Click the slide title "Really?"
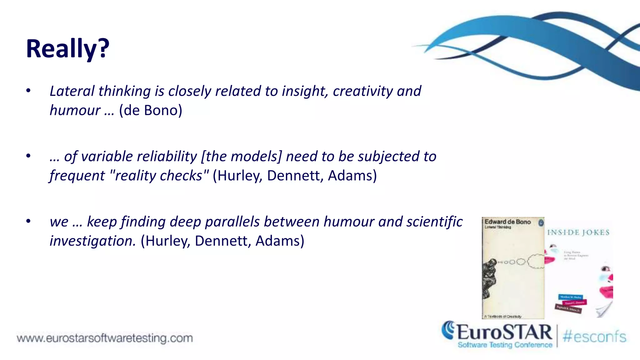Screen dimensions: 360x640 click(x=67, y=48)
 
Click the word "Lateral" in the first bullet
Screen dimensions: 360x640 click(x=72, y=91)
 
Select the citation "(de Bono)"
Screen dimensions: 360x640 click(x=151, y=110)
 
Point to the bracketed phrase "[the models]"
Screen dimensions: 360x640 click(x=241, y=156)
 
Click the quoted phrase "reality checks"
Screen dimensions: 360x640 click(x=159, y=176)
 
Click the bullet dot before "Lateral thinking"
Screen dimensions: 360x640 click(x=28, y=91)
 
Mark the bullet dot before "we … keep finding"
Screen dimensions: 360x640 click(x=28, y=221)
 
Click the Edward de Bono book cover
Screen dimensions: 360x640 click(x=513, y=267)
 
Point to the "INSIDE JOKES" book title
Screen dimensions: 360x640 click(x=578, y=232)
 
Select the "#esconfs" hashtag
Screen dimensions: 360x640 click(x=594, y=337)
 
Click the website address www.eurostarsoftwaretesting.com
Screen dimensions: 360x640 click(x=105, y=338)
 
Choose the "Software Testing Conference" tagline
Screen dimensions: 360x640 click(x=505, y=345)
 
